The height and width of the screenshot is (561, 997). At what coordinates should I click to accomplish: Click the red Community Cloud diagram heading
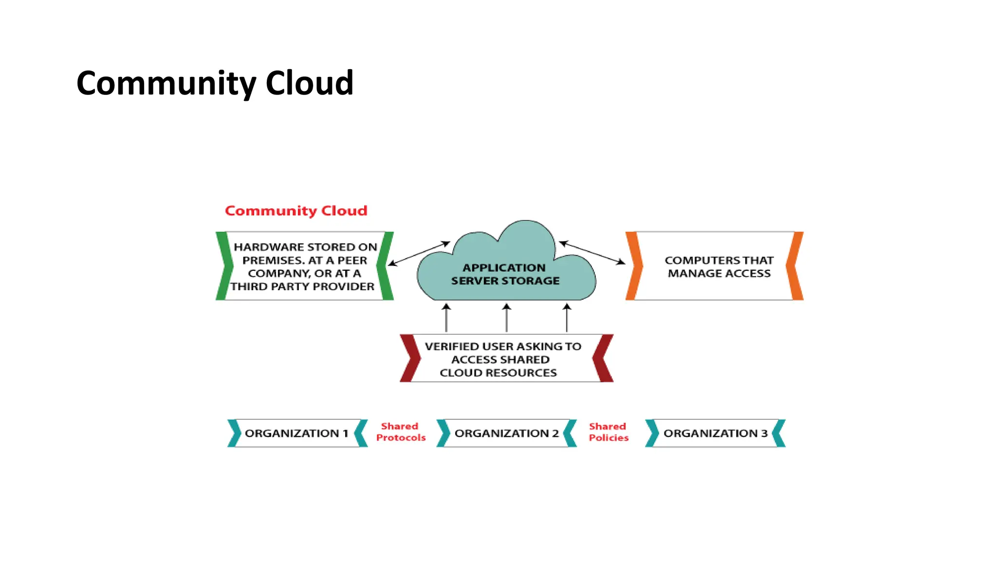pos(295,211)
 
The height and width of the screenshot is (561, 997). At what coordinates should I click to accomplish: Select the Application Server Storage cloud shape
pos(506,273)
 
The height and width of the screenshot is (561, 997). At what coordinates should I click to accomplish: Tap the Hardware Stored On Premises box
pos(304,266)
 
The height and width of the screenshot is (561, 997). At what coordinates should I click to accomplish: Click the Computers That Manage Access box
pos(719,267)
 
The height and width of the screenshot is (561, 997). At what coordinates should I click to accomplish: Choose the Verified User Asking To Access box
pos(504,359)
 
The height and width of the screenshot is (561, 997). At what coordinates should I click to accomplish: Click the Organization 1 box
pos(296,433)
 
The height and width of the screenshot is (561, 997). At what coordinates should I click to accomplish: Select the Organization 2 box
pos(506,433)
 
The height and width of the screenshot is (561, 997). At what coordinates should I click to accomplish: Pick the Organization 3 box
pos(715,433)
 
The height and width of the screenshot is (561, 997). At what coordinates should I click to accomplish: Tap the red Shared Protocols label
pos(401,432)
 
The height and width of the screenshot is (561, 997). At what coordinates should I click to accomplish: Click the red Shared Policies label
pos(608,432)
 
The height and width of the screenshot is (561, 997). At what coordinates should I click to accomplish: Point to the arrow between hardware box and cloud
pos(419,253)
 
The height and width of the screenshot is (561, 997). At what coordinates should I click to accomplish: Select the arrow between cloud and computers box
pos(592,253)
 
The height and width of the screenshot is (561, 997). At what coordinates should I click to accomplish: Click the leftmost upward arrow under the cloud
pos(446,318)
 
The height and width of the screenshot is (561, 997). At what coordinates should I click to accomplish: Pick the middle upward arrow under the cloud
pos(506,318)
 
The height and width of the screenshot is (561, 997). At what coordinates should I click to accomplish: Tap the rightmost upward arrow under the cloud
pos(567,318)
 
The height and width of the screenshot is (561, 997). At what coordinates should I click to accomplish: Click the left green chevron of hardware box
pos(223,266)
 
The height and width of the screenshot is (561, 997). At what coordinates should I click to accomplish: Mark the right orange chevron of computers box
pos(795,266)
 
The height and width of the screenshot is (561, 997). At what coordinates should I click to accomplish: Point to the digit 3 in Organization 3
pos(764,433)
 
